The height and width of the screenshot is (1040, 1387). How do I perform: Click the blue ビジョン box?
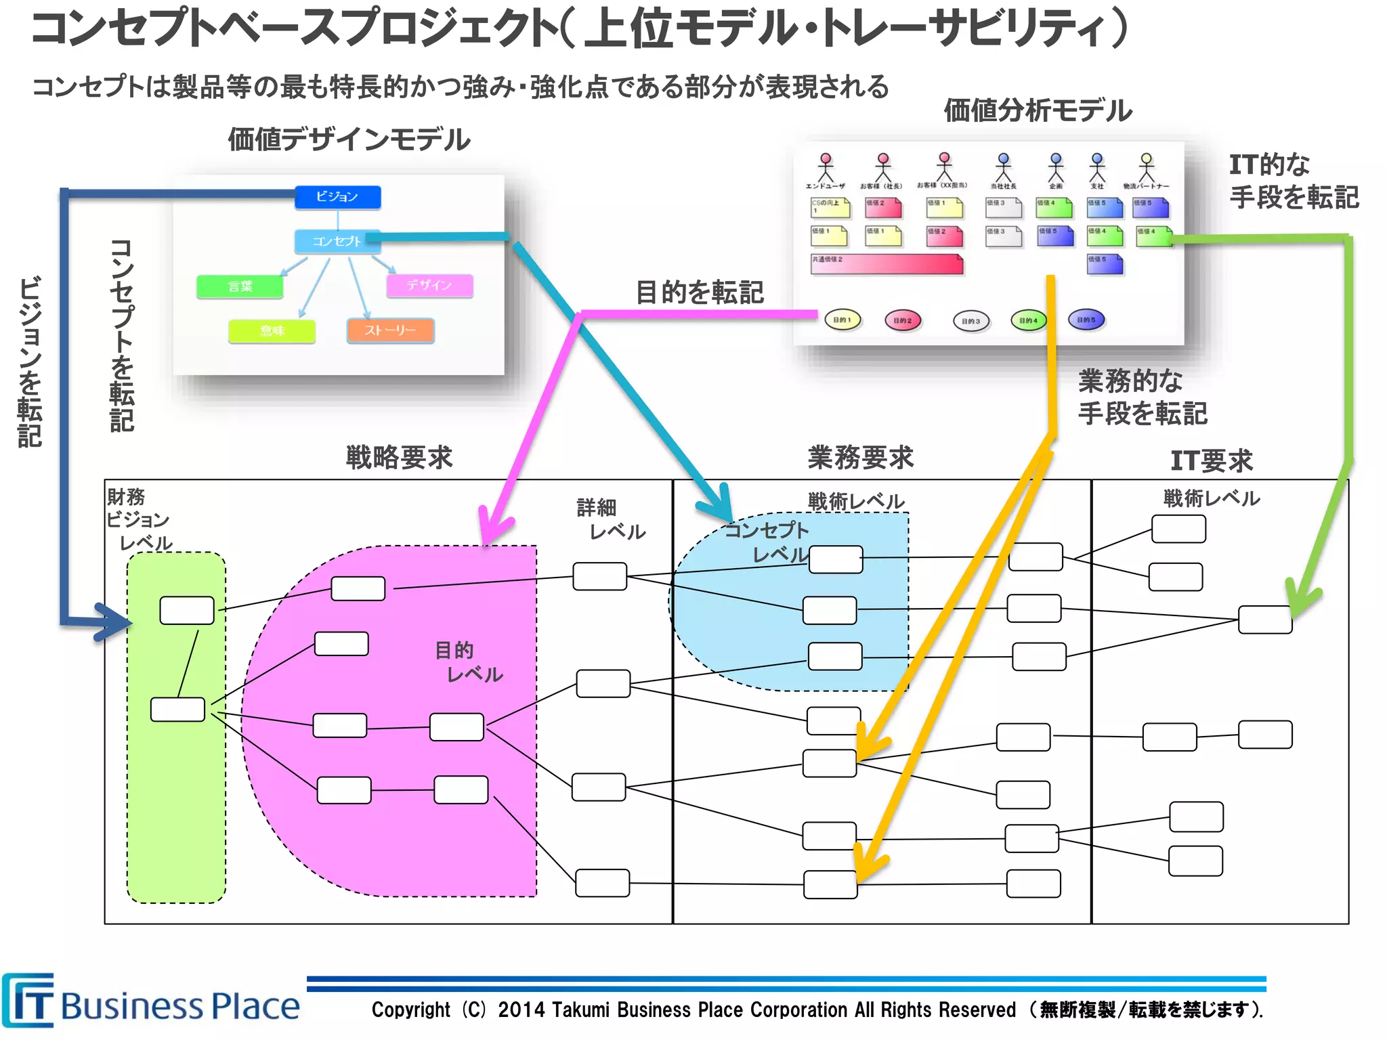click(337, 197)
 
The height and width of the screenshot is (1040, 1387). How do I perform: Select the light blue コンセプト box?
click(337, 241)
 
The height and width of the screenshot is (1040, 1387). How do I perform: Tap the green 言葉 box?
click(240, 286)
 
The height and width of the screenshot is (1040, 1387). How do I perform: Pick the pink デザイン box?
click(429, 285)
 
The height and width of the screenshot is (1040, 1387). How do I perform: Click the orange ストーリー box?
click(390, 330)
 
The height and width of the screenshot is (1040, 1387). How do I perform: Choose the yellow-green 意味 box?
click(272, 331)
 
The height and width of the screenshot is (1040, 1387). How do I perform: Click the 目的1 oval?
click(842, 320)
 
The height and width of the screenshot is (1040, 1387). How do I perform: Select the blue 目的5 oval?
click(1086, 320)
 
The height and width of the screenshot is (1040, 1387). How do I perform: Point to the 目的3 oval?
click(970, 321)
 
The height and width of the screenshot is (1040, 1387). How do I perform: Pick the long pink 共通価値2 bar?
click(887, 264)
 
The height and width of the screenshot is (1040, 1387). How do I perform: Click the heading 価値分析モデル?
click(1038, 110)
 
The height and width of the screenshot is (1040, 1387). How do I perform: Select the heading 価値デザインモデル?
click(349, 139)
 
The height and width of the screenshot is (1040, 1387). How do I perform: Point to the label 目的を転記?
click(700, 292)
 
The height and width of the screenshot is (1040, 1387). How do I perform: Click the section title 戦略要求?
click(399, 458)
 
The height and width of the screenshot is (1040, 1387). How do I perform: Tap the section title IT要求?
click(1211, 461)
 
